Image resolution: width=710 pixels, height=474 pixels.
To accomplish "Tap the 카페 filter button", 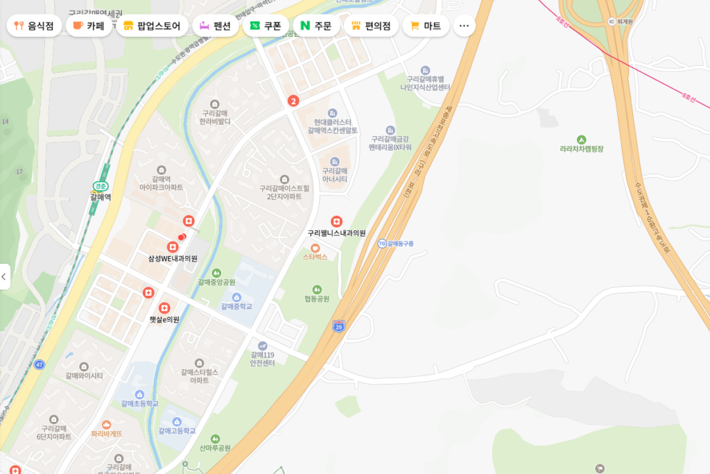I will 89,26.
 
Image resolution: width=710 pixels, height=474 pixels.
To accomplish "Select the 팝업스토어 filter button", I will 152,26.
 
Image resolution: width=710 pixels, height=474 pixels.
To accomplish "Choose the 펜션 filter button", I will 215,26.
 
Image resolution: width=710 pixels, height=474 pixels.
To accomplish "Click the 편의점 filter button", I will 371,26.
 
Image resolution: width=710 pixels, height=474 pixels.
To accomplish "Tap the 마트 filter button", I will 426,26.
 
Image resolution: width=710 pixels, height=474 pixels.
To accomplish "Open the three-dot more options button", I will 464,26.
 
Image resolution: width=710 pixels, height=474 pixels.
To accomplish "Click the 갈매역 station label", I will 101,197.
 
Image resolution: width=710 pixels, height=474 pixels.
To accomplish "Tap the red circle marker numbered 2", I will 293,101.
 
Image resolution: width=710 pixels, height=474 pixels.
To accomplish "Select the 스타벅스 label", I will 315,256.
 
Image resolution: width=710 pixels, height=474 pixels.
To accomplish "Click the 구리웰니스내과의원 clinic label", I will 336,233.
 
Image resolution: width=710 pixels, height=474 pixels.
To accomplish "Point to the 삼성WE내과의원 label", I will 173,258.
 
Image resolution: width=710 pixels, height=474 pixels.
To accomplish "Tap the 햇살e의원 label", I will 164,319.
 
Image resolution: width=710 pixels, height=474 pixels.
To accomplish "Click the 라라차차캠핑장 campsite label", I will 582,149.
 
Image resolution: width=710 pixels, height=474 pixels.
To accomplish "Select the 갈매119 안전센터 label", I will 263,359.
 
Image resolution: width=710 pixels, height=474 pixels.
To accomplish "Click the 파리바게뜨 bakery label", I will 106,433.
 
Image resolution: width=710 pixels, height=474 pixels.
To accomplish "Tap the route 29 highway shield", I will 338,325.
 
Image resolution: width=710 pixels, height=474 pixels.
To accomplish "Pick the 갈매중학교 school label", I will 236,306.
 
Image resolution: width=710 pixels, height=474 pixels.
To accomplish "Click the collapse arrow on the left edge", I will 4,276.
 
